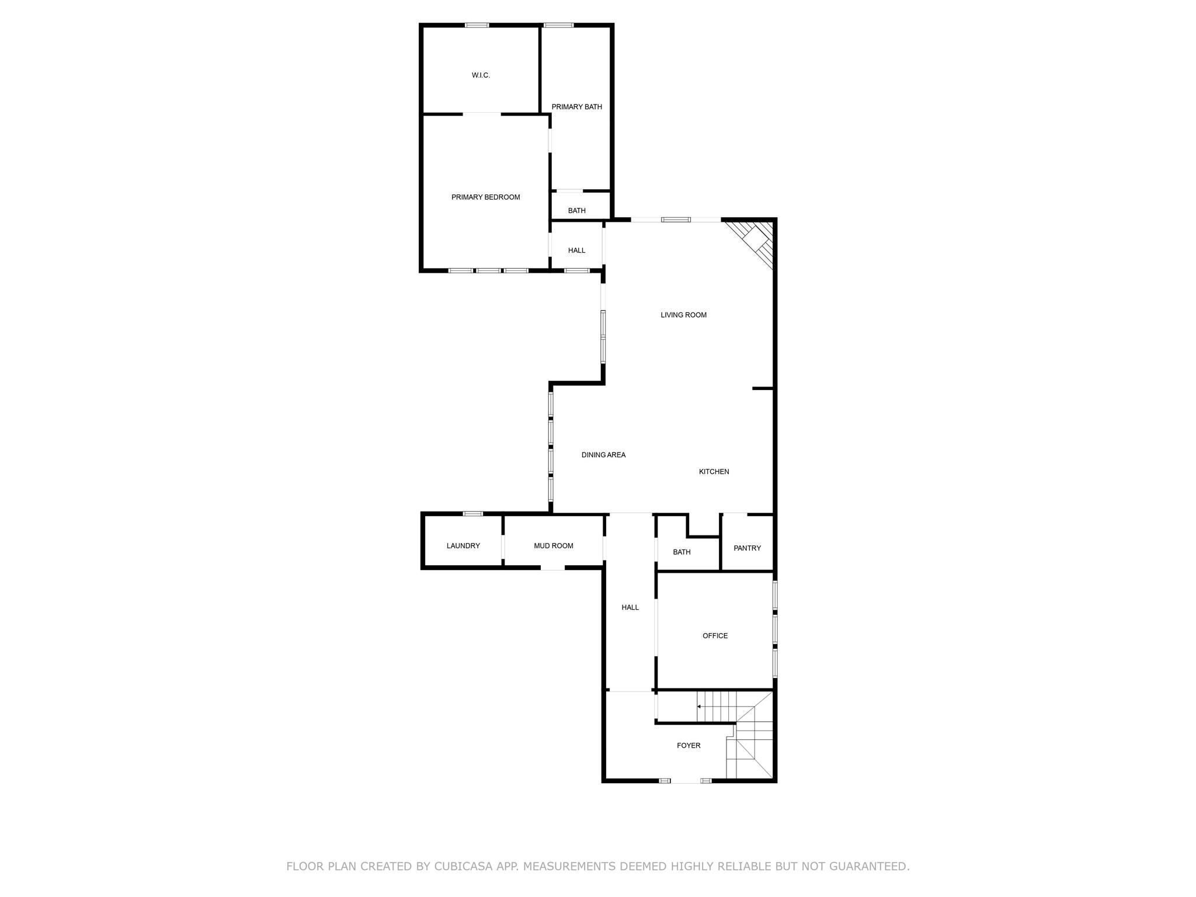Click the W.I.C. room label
[x=481, y=75]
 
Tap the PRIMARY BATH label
[x=576, y=107]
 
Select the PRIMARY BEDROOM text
[x=485, y=197]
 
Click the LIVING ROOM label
[x=683, y=315]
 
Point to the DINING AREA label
[x=603, y=455]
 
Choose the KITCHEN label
[x=714, y=472]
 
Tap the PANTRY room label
[x=747, y=548]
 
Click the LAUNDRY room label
[x=463, y=546]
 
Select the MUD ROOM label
[x=553, y=546]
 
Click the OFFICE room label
[x=715, y=636]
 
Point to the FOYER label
[x=689, y=746]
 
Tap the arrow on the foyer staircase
[x=700, y=707]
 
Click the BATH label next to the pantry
[x=682, y=552]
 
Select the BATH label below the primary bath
[x=576, y=211]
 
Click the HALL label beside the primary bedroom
[x=576, y=251]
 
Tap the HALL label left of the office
[x=630, y=608]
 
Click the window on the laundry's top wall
[x=473, y=514]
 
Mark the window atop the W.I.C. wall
[x=477, y=25]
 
